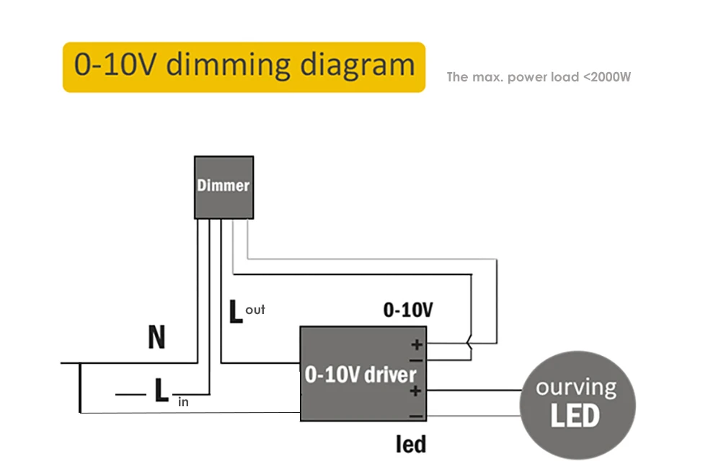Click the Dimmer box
(224, 187)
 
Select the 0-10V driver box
(363, 374)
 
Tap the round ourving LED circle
(578, 405)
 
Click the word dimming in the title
(229, 66)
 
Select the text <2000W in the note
(607, 76)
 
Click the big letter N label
(156, 337)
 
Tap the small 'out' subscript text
(255, 310)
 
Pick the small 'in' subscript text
(183, 403)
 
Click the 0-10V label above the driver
(408, 310)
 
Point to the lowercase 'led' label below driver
(411, 444)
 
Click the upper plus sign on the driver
(417, 344)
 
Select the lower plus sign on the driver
(415, 391)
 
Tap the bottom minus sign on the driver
(416, 416)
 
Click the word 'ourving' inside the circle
(576, 388)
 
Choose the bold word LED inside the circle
(575, 416)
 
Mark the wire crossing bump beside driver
(469, 344)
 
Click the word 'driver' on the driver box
(390, 375)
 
